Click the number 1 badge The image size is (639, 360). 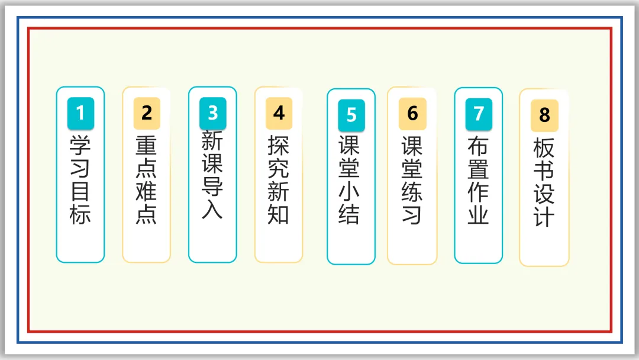80,112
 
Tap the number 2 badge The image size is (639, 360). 147,112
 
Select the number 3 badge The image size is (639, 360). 212,112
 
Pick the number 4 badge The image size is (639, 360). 279,112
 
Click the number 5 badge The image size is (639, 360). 351,114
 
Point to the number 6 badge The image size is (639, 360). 412,113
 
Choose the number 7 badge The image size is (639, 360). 479,113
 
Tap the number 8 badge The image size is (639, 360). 544,115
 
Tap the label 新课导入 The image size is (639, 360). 212,175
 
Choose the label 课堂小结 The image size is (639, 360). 350,180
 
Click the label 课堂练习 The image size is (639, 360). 412,180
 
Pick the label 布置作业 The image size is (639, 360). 479,180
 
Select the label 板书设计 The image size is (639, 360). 544,182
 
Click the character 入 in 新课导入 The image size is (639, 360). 212,209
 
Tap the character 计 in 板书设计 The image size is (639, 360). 544,216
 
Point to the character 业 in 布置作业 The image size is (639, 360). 479,214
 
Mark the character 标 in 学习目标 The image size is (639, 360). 80,214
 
